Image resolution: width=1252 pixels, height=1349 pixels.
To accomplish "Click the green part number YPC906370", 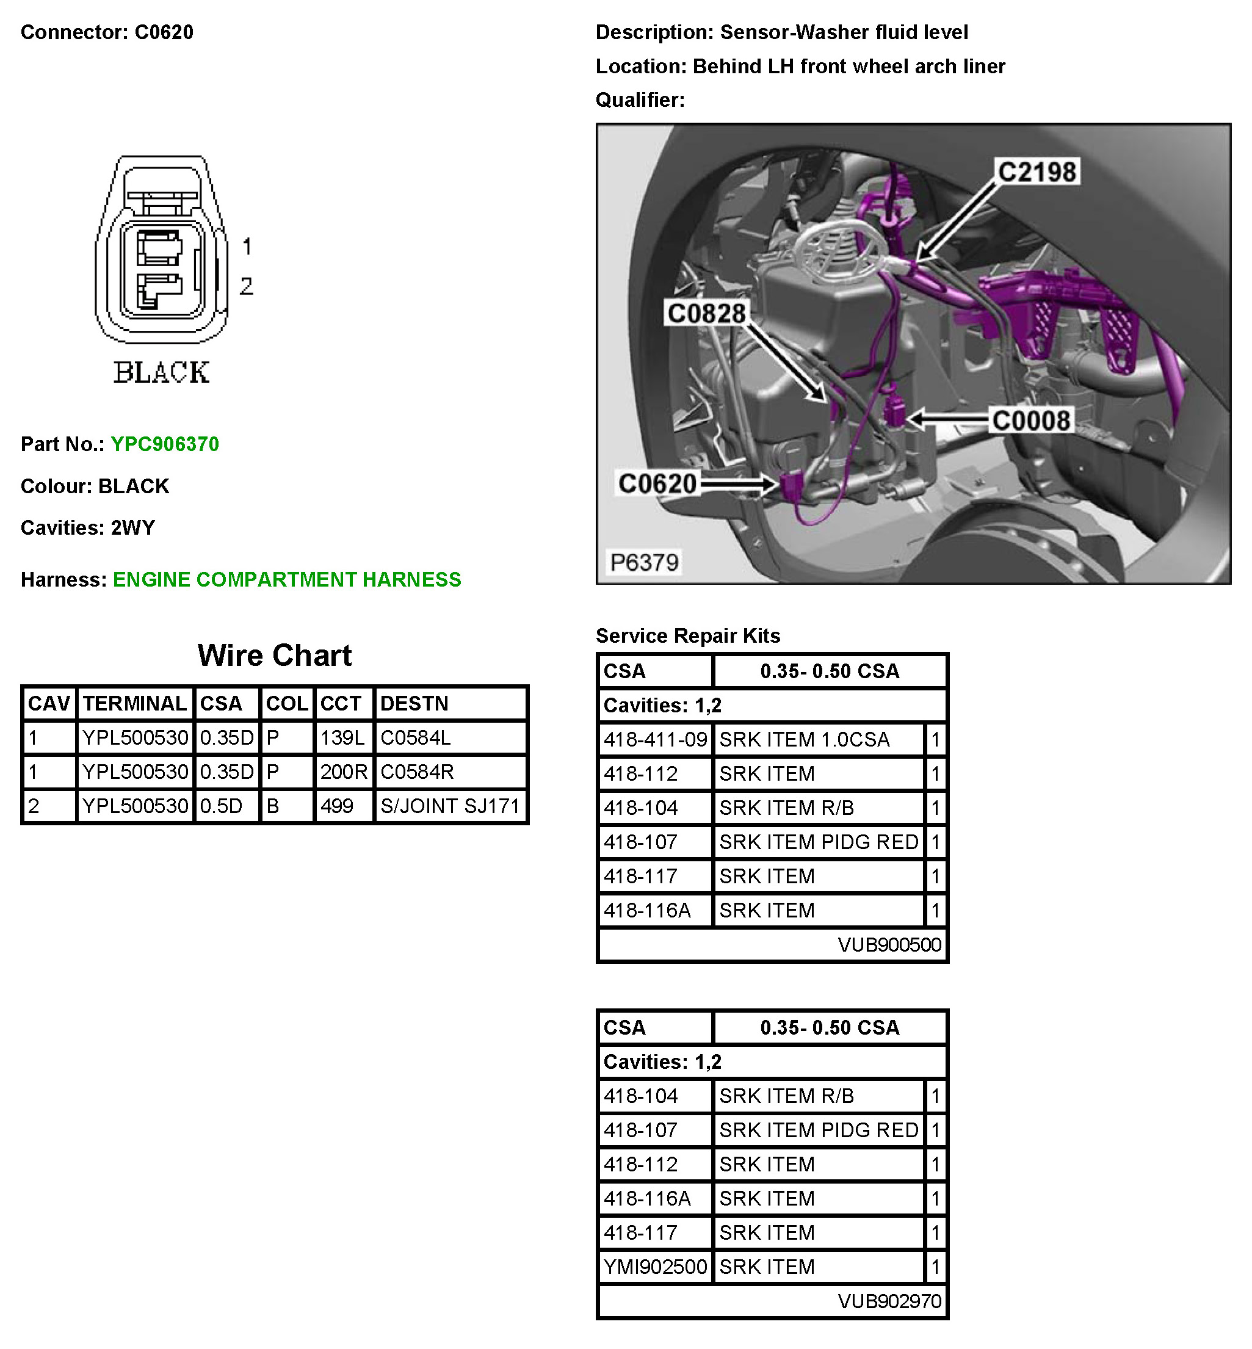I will [x=165, y=444].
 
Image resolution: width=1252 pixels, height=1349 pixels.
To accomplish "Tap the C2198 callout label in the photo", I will [x=1037, y=172].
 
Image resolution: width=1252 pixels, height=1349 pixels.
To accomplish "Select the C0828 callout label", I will [x=706, y=314].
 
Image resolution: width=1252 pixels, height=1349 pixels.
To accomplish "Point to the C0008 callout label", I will [x=1030, y=421].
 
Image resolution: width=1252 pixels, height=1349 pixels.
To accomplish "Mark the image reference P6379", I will [x=643, y=562].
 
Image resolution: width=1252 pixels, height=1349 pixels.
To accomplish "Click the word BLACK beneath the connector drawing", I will [x=161, y=372].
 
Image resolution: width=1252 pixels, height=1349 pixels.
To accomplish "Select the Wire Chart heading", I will [x=274, y=655].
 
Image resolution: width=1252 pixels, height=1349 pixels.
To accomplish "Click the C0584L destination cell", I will [x=415, y=738].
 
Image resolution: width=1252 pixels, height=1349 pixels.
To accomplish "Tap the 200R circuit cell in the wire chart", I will [x=344, y=772].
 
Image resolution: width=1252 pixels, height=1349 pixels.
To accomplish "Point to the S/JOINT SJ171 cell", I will [x=450, y=806].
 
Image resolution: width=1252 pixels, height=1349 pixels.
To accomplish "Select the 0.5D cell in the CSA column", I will [x=221, y=806].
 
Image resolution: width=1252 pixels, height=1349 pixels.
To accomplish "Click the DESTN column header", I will [x=414, y=703].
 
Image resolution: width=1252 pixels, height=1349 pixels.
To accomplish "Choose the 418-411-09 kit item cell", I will [x=655, y=739].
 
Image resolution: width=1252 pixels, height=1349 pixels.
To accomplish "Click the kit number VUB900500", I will [x=889, y=944].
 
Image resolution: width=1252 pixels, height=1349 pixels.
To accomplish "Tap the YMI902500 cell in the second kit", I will [x=655, y=1267].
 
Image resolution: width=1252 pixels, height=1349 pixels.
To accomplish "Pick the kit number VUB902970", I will [x=889, y=1301].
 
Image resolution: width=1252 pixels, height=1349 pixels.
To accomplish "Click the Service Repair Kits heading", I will [x=687, y=635].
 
